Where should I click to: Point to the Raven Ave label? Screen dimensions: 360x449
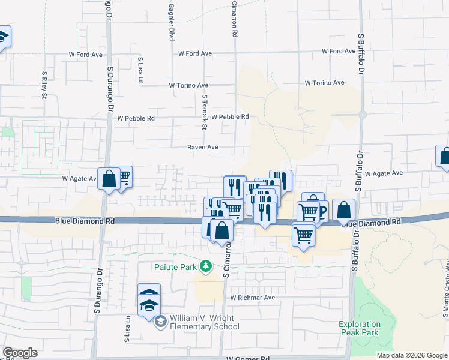click(203, 146)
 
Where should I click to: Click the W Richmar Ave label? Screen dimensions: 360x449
click(252, 297)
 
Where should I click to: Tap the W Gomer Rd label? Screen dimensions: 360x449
click(248, 358)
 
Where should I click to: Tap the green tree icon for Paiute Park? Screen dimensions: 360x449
click(206, 265)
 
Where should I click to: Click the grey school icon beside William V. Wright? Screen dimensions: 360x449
click(160, 322)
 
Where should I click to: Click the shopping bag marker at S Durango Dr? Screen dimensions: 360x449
click(109, 179)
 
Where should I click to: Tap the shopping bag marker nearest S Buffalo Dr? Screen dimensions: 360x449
click(343, 210)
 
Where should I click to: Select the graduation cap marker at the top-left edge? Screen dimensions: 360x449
click(2, 38)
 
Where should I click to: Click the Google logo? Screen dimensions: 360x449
click(20, 352)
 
